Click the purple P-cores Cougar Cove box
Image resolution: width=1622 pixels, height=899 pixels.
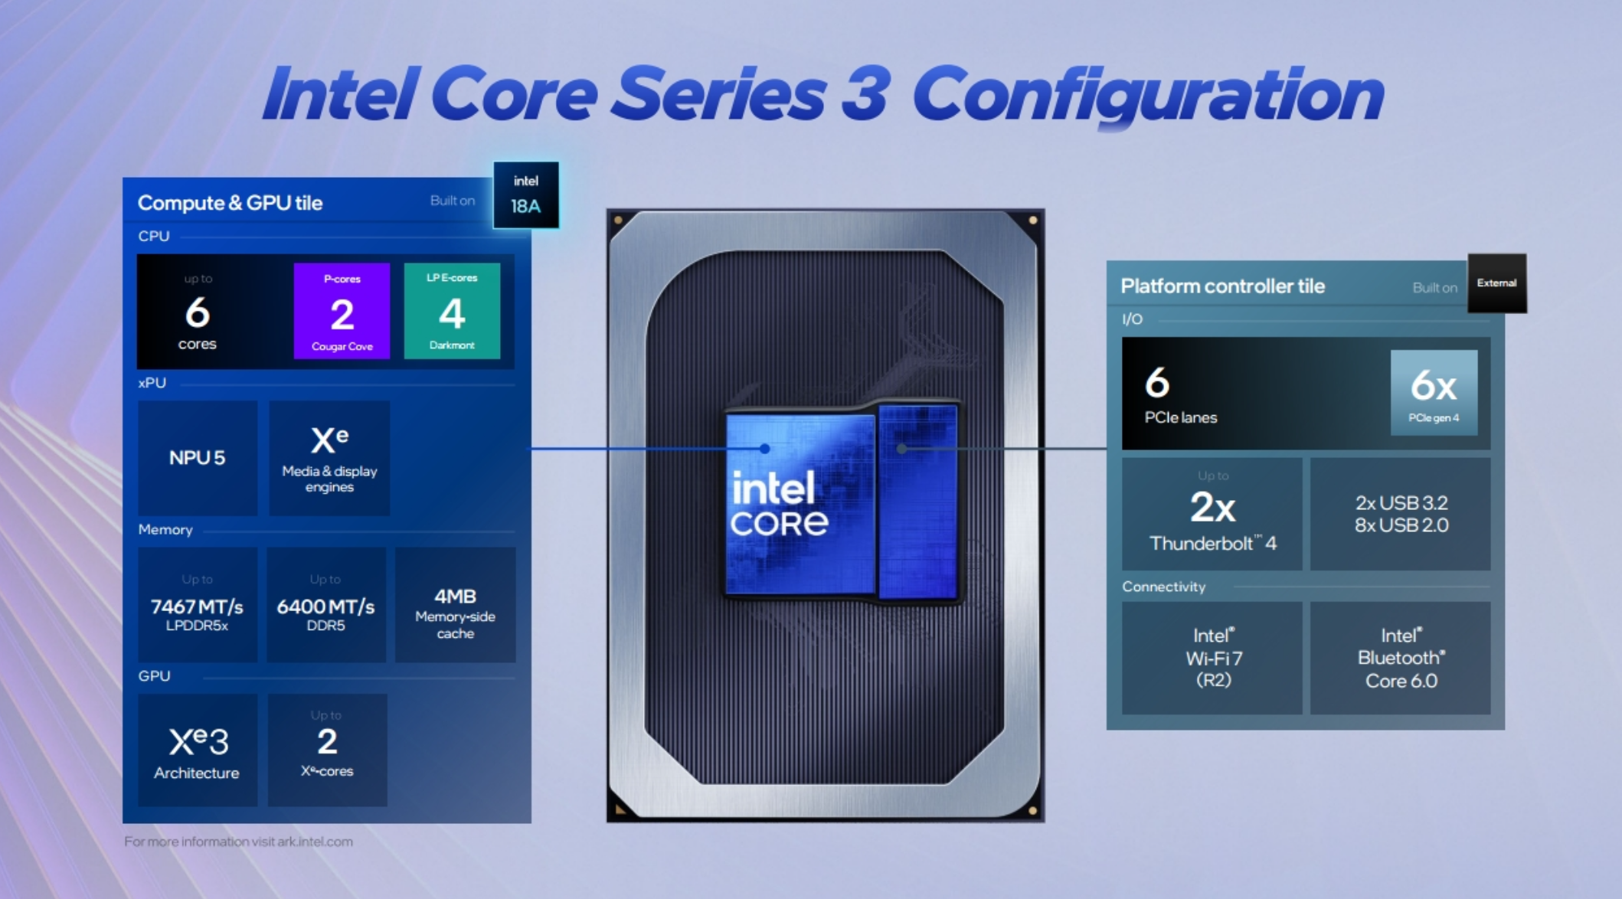342,311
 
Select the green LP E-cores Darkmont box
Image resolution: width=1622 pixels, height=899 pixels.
452,311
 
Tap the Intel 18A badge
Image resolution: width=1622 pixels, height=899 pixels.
525,195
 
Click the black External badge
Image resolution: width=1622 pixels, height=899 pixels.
1496,283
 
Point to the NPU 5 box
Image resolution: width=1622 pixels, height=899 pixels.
198,458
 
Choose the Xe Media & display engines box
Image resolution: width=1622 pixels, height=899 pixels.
329,458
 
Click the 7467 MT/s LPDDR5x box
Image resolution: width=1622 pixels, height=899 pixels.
198,605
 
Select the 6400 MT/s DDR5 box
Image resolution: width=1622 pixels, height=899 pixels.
325,605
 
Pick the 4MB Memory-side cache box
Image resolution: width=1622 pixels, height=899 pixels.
455,605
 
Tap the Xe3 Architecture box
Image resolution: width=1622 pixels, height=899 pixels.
198,750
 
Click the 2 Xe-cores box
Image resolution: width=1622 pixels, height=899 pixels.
327,750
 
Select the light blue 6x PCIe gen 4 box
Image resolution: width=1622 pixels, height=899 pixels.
1434,392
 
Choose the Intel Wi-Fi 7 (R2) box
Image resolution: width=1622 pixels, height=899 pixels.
1212,658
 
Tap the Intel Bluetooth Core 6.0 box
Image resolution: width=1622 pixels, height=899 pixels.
1401,658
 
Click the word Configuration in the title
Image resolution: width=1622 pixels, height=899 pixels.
1147,95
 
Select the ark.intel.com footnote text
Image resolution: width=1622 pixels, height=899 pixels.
238,842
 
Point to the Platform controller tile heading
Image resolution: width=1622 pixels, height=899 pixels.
1222,286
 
